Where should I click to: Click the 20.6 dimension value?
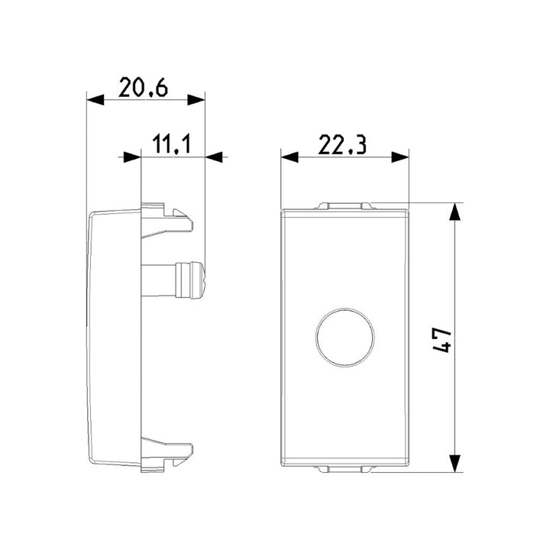click(143, 87)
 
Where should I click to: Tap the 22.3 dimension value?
click(342, 145)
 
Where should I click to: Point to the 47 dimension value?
click(442, 339)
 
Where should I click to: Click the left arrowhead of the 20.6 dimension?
click(95, 99)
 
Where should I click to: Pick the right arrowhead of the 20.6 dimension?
click(196, 99)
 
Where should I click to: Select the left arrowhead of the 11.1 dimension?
click(132, 157)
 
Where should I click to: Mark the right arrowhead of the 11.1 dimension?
click(214, 157)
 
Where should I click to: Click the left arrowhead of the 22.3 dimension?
click(290, 157)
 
